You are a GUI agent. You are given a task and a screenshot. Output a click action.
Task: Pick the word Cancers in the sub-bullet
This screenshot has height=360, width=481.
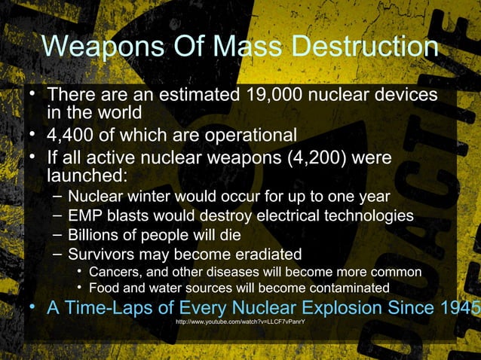[116, 271]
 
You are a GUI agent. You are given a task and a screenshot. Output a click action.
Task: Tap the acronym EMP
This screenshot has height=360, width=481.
[85, 216]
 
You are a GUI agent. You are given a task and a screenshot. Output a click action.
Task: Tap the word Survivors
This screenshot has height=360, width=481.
[100, 253]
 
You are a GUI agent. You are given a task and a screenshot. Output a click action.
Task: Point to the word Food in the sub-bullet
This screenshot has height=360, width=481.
[104, 288]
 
